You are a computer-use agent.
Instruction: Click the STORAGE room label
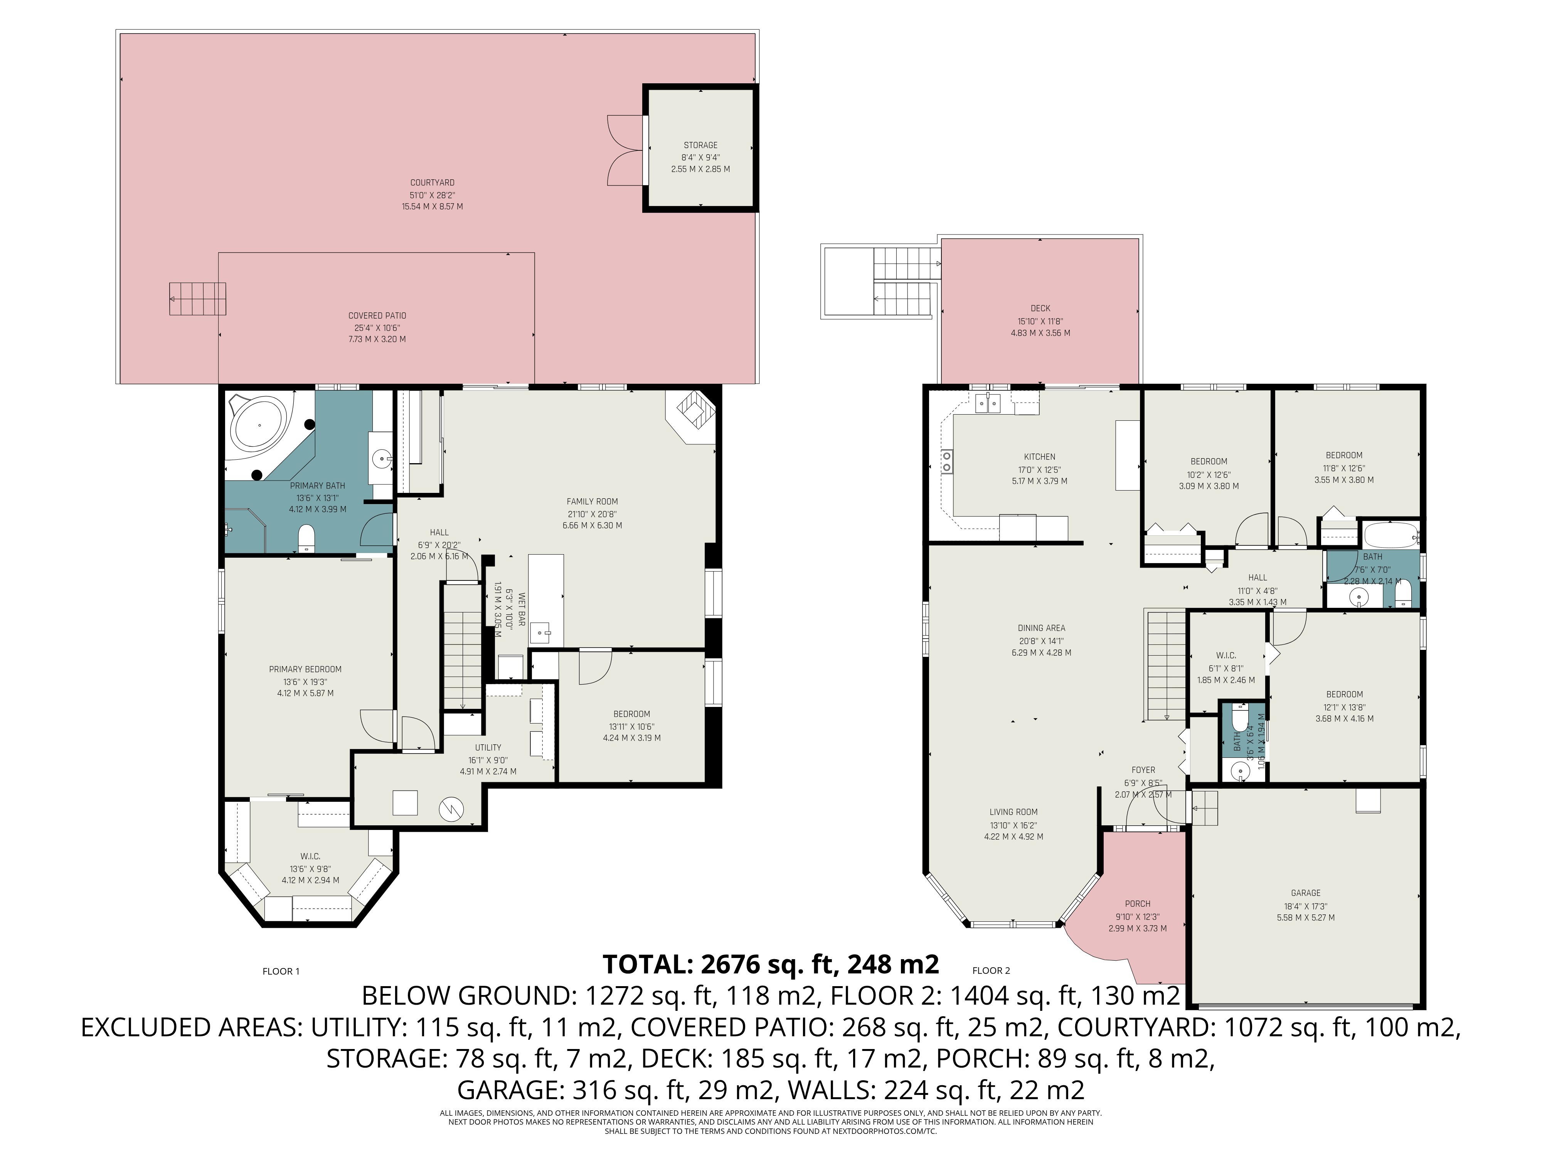(700, 145)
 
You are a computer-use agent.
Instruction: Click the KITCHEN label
(1039, 457)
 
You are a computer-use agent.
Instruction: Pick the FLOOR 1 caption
(281, 971)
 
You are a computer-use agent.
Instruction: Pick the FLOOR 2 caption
(991, 970)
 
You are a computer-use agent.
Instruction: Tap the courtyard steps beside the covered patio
(198, 299)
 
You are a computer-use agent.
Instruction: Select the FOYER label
(1143, 770)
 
